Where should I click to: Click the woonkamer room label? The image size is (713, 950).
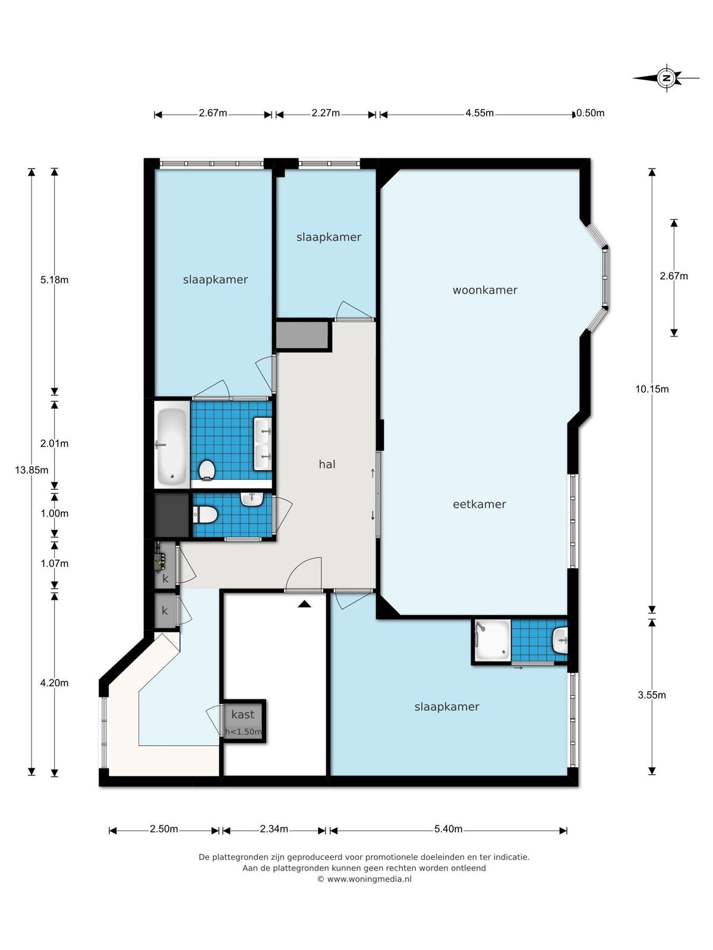485,290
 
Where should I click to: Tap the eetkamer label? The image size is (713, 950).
479,504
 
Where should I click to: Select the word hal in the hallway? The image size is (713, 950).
327,464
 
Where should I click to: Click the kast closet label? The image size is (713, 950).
242,714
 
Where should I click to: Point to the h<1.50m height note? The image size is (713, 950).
243,732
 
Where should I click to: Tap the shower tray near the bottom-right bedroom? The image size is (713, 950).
493,641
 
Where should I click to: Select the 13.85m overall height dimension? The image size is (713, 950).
31,470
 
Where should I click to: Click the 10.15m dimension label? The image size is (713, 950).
652,389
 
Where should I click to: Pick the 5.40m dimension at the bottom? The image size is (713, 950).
448,829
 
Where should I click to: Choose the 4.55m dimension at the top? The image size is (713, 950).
479,113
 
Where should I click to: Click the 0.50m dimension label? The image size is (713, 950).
591,113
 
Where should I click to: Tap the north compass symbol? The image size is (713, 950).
667,78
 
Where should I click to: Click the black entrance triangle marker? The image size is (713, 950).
304,604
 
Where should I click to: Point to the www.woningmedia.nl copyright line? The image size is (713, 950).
364,879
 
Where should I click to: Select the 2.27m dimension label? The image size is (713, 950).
326,113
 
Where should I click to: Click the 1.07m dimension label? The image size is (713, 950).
55,563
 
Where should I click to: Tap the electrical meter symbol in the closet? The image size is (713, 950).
161,561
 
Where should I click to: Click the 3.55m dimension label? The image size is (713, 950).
652,695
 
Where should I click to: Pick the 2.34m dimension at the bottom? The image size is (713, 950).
273,829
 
